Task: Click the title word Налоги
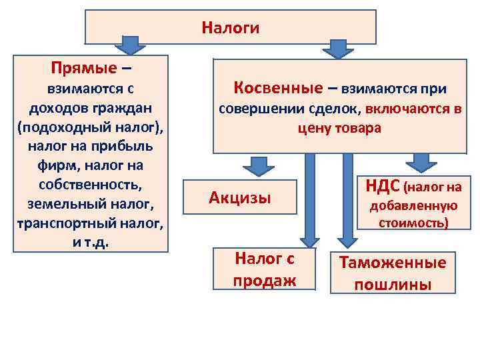tap(230, 28)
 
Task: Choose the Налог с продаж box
tap(264, 269)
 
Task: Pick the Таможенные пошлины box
tap(393, 273)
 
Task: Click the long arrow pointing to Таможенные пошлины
tap(345, 200)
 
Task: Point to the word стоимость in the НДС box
tap(413, 221)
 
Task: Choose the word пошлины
tap(393, 285)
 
